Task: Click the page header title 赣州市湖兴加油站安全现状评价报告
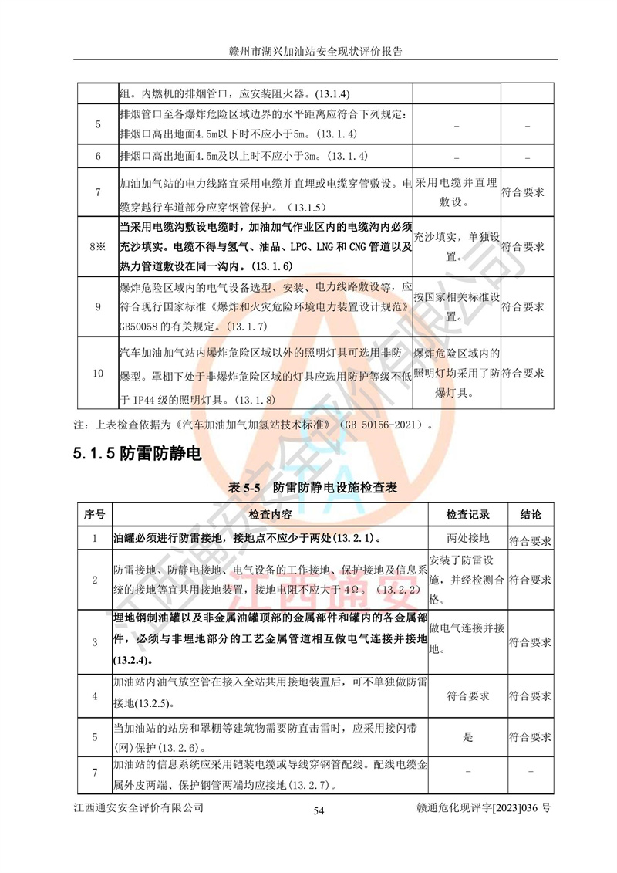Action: (x=308, y=52)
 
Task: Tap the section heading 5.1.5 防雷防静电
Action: (x=138, y=454)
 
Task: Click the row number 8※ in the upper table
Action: (x=96, y=247)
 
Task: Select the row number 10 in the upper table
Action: (x=97, y=374)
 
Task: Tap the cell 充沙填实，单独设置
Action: (x=457, y=246)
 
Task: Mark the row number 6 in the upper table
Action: (x=97, y=157)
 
